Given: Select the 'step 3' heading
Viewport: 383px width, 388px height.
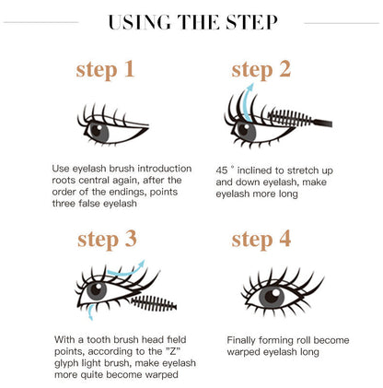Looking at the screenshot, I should (x=108, y=240).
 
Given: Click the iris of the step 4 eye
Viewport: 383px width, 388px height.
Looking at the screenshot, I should (x=270, y=297).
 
